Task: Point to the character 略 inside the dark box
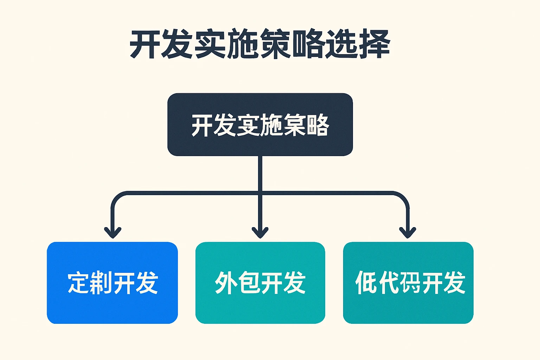coord(317,125)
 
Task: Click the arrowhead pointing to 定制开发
coord(112,233)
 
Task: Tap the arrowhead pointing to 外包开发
coord(260,233)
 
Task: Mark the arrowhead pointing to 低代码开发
coord(407,233)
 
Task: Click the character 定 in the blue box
coord(78,283)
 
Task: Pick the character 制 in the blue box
coord(101,283)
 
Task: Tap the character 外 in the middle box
coord(225,283)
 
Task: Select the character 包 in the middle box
coord(249,283)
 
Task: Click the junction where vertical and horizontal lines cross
coord(260,193)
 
